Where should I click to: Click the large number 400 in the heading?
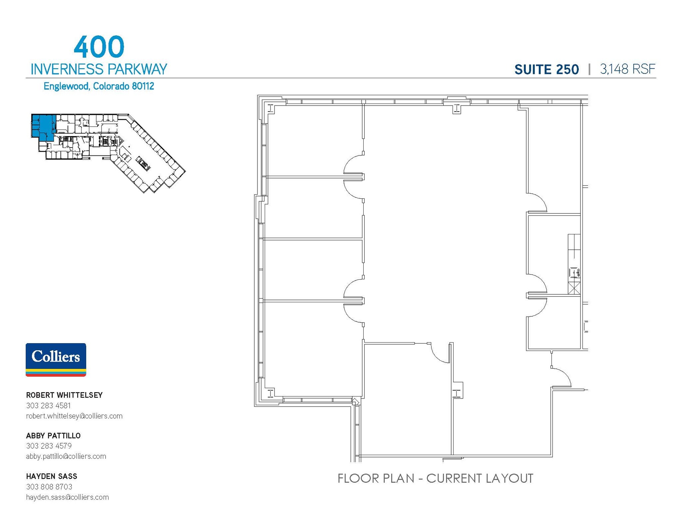[x=99, y=47]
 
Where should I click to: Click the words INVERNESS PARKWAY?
[x=99, y=69]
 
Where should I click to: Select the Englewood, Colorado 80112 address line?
[x=99, y=86]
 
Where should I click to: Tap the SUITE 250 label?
[x=546, y=69]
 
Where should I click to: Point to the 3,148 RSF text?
[x=627, y=69]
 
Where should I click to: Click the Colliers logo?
[x=56, y=360]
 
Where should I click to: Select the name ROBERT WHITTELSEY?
[x=64, y=395]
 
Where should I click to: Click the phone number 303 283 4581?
[x=48, y=405]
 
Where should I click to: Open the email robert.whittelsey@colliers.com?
[x=74, y=416]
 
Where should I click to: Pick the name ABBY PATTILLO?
[x=53, y=435]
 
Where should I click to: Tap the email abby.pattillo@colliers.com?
[x=66, y=456]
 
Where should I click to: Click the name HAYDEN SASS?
[x=52, y=476]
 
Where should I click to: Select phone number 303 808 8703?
[x=49, y=487]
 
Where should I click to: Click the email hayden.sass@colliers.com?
[x=67, y=497]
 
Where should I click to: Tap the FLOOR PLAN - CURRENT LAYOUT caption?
[x=435, y=478]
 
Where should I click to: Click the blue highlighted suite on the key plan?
[x=42, y=125]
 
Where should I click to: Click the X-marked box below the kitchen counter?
[x=574, y=288]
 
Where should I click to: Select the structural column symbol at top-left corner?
[x=270, y=108]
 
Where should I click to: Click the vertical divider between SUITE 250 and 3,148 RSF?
[x=589, y=69]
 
